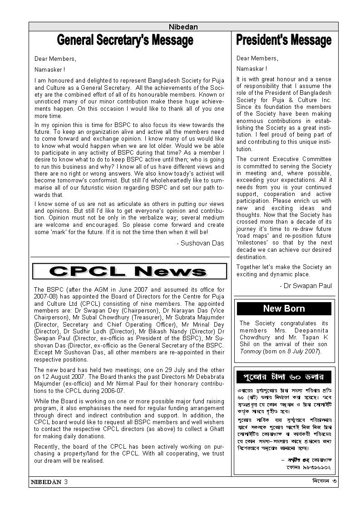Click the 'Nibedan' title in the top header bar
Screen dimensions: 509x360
point(183,27)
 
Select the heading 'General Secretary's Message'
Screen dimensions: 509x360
point(125,41)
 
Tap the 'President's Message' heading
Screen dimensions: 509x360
point(284,41)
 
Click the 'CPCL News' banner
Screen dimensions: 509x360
point(129,271)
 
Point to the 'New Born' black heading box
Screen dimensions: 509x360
point(284,308)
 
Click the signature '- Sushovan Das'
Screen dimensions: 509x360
point(200,243)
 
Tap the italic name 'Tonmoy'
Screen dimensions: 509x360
point(250,351)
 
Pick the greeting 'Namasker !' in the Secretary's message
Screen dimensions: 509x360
point(49,69)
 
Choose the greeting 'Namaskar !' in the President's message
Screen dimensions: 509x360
point(252,69)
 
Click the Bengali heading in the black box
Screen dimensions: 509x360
point(284,377)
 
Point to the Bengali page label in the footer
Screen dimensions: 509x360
point(320,481)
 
